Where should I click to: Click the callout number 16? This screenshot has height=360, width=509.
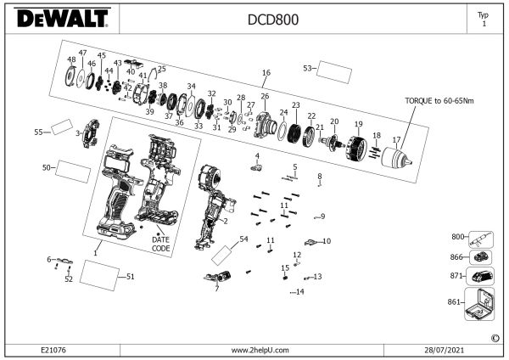(266, 73)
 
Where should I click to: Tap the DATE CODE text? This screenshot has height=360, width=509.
(161, 244)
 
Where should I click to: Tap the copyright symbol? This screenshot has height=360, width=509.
(495, 338)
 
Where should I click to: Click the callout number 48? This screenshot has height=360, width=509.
(71, 59)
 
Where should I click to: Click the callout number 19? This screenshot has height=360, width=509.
(358, 124)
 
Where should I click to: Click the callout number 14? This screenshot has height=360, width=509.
(299, 291)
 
